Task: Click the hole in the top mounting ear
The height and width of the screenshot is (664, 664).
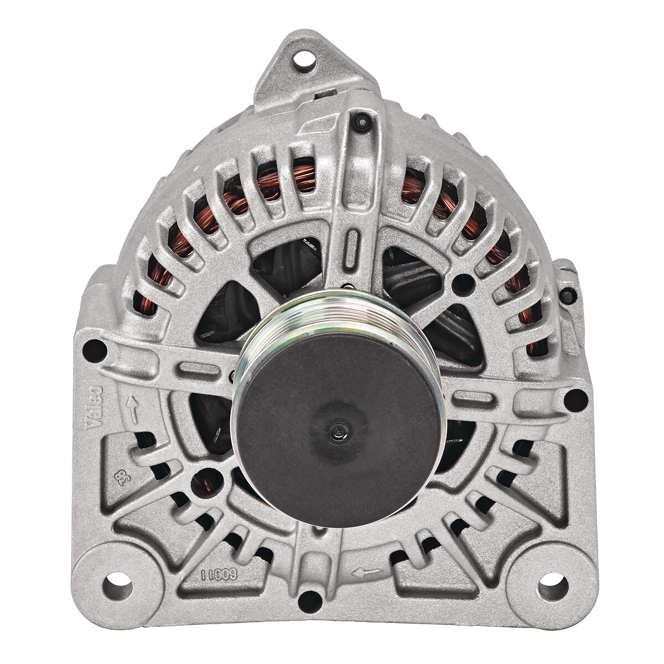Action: [x=302, y=57]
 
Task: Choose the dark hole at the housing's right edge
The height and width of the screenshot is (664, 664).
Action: [x=575, y=397]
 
